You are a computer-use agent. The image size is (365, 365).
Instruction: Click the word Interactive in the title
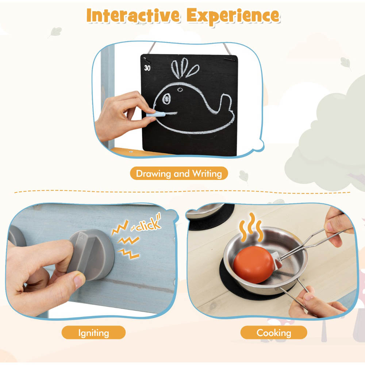click(x=133, y=15)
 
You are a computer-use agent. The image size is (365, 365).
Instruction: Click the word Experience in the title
click(x=233, y=16)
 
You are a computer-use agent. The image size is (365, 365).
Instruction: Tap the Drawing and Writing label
click(x=179, y=173)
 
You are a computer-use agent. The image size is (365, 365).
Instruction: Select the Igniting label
click(x=93, y=333)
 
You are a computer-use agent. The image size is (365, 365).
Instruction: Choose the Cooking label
click(x=273, y=333)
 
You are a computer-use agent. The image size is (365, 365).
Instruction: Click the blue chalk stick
click(x=156, y=114)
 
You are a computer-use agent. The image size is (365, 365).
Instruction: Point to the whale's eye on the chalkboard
click(x=166, y=99)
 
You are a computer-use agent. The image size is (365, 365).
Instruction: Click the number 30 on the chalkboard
click(x=147, y=68)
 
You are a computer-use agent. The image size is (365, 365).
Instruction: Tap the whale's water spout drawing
click(x=184, y=68)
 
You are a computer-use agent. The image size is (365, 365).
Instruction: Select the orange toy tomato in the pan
click(x=254, y=265)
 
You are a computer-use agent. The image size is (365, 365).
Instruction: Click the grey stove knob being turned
click(x=92, y=254)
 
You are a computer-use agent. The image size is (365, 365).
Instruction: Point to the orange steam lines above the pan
click(x=251, y=227)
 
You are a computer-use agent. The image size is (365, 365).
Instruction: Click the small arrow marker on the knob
click(x=82, y=236)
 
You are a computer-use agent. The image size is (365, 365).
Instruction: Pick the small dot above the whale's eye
click(x=180, y=90)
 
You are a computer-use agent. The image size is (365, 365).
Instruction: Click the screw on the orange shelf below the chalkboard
click(x=131, y=152)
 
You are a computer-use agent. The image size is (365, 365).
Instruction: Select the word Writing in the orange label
click(x=207, y=174)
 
